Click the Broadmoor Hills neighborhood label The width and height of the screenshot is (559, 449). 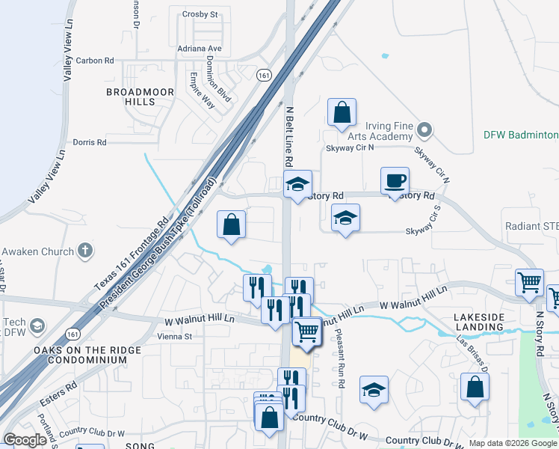click(x=140, y=97)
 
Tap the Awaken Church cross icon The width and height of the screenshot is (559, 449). click(x=86, y=251)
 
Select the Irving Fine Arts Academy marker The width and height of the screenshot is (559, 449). click(x=424, y=130)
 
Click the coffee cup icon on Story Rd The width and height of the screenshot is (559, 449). click(x=395, y=181)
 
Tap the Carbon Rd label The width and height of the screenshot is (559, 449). click(x=95, y=61)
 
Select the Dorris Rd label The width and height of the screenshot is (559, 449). click(x=90, y=142)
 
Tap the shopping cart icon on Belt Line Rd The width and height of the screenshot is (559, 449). click(x=306, y=331)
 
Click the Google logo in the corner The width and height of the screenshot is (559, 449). click(x=25, y=440)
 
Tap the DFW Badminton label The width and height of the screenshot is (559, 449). click(x=520, y=135)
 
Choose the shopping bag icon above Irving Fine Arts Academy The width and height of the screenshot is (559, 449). click(x=341, y=113)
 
